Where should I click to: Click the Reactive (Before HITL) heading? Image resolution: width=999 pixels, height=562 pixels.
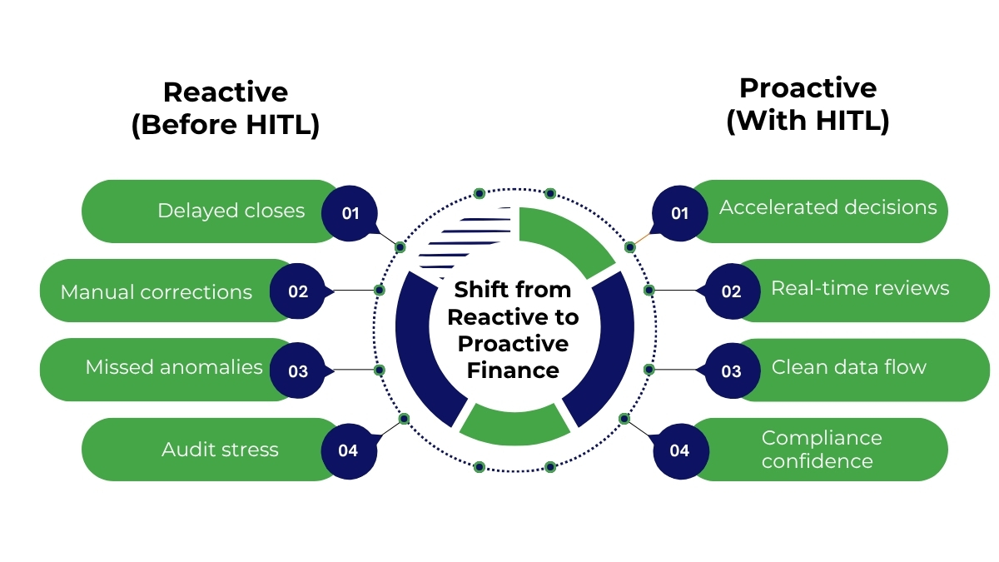226,108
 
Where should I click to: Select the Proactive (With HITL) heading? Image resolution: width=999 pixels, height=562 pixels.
808,104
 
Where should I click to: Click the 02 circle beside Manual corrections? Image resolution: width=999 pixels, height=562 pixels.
298,291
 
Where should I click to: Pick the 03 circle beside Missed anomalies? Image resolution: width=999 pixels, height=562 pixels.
298,371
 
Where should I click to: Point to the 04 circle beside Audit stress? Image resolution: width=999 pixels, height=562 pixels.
348,450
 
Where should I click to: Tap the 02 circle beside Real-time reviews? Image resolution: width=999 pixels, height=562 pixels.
731,291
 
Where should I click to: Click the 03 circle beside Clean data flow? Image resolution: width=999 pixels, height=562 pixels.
731,371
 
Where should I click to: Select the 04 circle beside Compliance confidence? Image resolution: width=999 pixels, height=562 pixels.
679,450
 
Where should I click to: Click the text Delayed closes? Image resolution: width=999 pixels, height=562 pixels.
231,211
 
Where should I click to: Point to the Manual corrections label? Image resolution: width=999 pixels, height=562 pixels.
157,292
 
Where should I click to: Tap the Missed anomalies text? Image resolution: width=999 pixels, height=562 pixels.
174,367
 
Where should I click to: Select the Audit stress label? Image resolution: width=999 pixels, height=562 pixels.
220,450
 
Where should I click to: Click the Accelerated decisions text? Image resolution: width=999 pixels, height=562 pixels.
828,207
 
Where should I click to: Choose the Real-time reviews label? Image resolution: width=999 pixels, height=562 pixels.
860,288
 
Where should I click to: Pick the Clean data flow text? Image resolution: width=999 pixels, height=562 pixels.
848,367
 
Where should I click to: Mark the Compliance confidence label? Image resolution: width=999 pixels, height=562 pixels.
822,450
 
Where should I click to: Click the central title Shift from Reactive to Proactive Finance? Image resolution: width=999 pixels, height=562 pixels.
512,330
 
